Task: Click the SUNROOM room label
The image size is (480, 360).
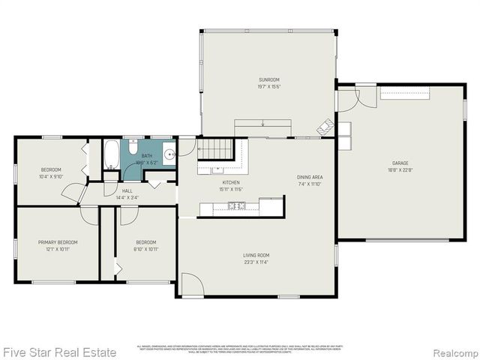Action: pos(269,79)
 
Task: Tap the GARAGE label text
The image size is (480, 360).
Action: pos(400,163)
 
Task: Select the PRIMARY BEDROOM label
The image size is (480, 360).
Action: pos(58,242)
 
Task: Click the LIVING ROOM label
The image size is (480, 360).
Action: pos(256,255)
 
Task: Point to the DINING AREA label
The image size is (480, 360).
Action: pos(310,177)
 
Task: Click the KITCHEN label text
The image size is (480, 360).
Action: pos(231,182)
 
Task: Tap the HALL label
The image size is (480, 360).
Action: pos(127,191)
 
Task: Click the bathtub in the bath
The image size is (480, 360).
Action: pos(112,155)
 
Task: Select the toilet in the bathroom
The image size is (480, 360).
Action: pos(131,145)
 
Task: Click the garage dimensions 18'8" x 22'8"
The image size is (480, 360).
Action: pos(400,170)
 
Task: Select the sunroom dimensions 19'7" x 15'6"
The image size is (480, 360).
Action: pos(269,87)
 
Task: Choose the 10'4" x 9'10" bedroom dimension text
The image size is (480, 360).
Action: pos(51,177)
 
